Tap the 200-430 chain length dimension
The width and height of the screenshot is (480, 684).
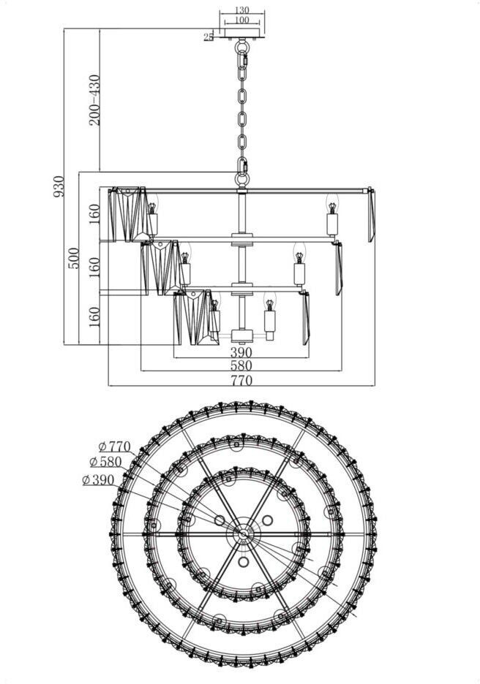94,99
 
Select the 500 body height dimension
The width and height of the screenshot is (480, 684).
74,258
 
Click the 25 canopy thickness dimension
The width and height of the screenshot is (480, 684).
209,36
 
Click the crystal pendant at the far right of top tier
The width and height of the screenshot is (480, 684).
371,215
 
